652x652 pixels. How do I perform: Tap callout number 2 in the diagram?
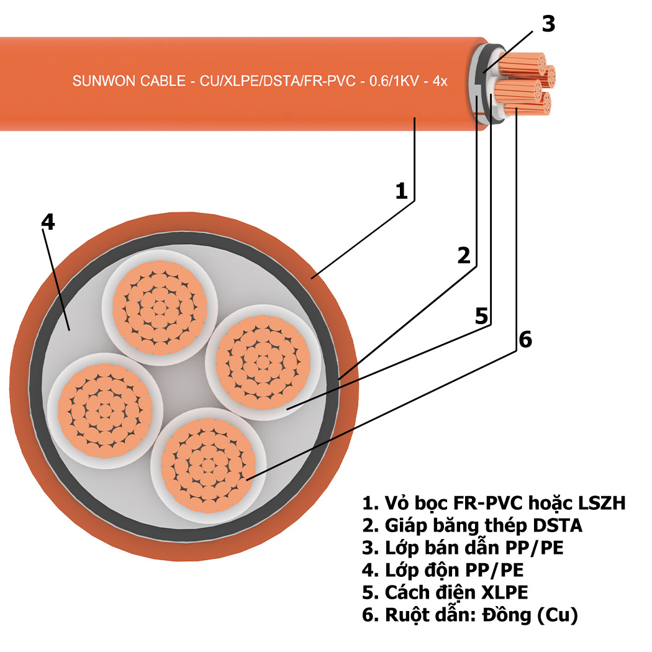pyautogui.click(x=464, y=255)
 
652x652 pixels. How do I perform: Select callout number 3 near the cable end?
pyautogui.click(x=548, y=24)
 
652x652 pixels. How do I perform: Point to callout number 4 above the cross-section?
pyautogui.click(x=48, y=222)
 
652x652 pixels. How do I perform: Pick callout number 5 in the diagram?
pyautogui.click(x=482, y=315)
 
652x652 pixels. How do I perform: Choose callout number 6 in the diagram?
pyautogui.click(x=525, y=340)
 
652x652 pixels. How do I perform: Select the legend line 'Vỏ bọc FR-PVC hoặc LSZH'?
pyautogui.click(x=494, y=502)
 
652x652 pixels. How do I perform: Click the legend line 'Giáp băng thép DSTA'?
pyautogui.click(x=473, y=525)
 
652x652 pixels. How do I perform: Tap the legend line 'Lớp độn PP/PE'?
pyautogui.click(x=447, y=570)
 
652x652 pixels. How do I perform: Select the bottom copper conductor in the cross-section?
pyautogui.click(x=208, y=463)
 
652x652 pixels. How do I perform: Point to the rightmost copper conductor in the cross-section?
pyautogui.click(x=262, y=359)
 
